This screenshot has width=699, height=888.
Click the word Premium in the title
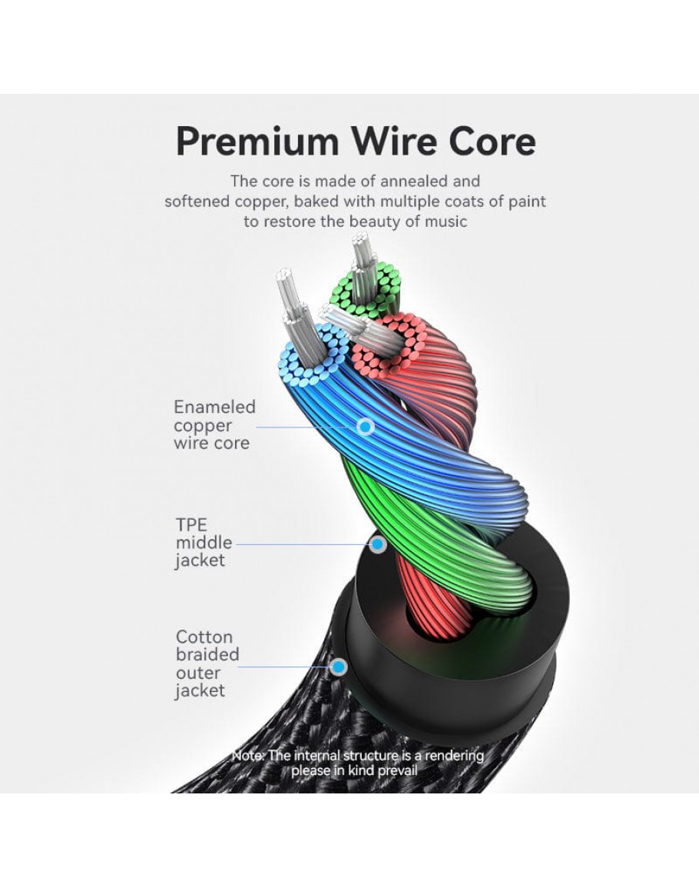[x=257, y=142]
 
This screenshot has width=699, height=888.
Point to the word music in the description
[x=442, y=221]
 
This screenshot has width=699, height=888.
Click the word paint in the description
[x=525, y=201]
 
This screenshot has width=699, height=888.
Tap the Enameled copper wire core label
[x=214, y=425]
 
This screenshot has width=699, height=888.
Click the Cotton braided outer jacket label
[x=207, y=664]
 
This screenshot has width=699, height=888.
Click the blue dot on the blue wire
[x=366, y=425]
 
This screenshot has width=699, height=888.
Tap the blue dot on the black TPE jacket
[x=378, y=544]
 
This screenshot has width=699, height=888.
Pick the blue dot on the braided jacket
[x=338, y=667]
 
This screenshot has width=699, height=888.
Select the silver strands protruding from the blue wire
[x=293, y=300]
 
